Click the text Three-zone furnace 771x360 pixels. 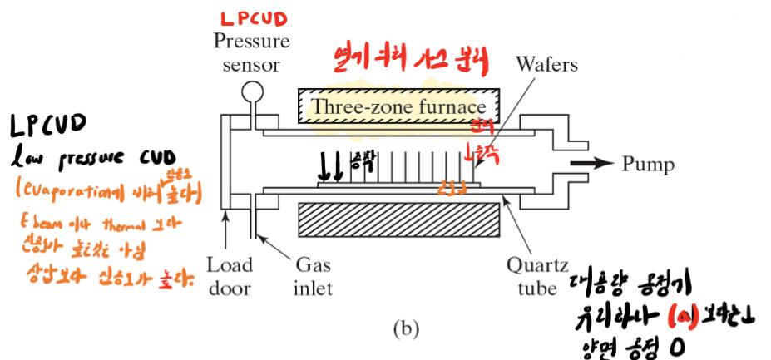[398, 106]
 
